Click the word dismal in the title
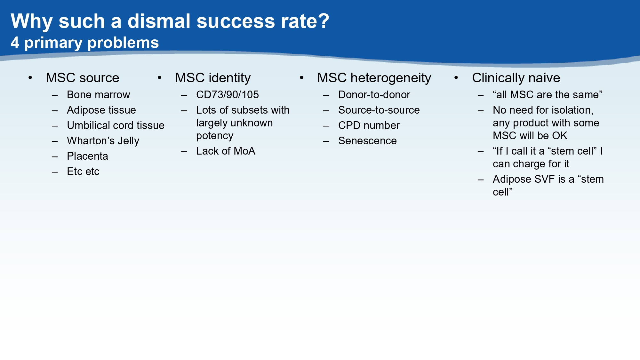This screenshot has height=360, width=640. coord(159,21)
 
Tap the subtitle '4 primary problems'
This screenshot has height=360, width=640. coord(84,43)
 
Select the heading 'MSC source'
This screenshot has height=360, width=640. coord(82,78)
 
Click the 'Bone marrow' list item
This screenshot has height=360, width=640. coord(98,95)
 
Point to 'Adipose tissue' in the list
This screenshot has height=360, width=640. coord(101,110)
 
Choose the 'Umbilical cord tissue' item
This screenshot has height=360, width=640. coord(116,125)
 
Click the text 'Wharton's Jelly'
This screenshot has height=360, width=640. coord(103,141)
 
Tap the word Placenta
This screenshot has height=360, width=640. coord(87,156)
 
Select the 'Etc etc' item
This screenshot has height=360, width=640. coord(83,172)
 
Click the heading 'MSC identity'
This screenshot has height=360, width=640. coord(213,78)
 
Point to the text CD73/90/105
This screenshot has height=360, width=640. coord(227,95)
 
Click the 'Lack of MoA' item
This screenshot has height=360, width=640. coord(226,151)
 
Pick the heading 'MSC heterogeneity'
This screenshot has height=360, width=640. coord(374,78)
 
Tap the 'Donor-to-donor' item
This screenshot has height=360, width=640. coord(374,95)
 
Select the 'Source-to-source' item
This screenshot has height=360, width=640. coord(379,110)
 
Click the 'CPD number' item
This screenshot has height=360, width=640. coord(369,125)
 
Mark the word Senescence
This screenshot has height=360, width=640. coord(367,141)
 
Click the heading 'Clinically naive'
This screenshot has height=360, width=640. coord(516,78)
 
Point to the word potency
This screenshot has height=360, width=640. coord(215,136)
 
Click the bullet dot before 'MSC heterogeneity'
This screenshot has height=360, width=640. coord(301,78)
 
